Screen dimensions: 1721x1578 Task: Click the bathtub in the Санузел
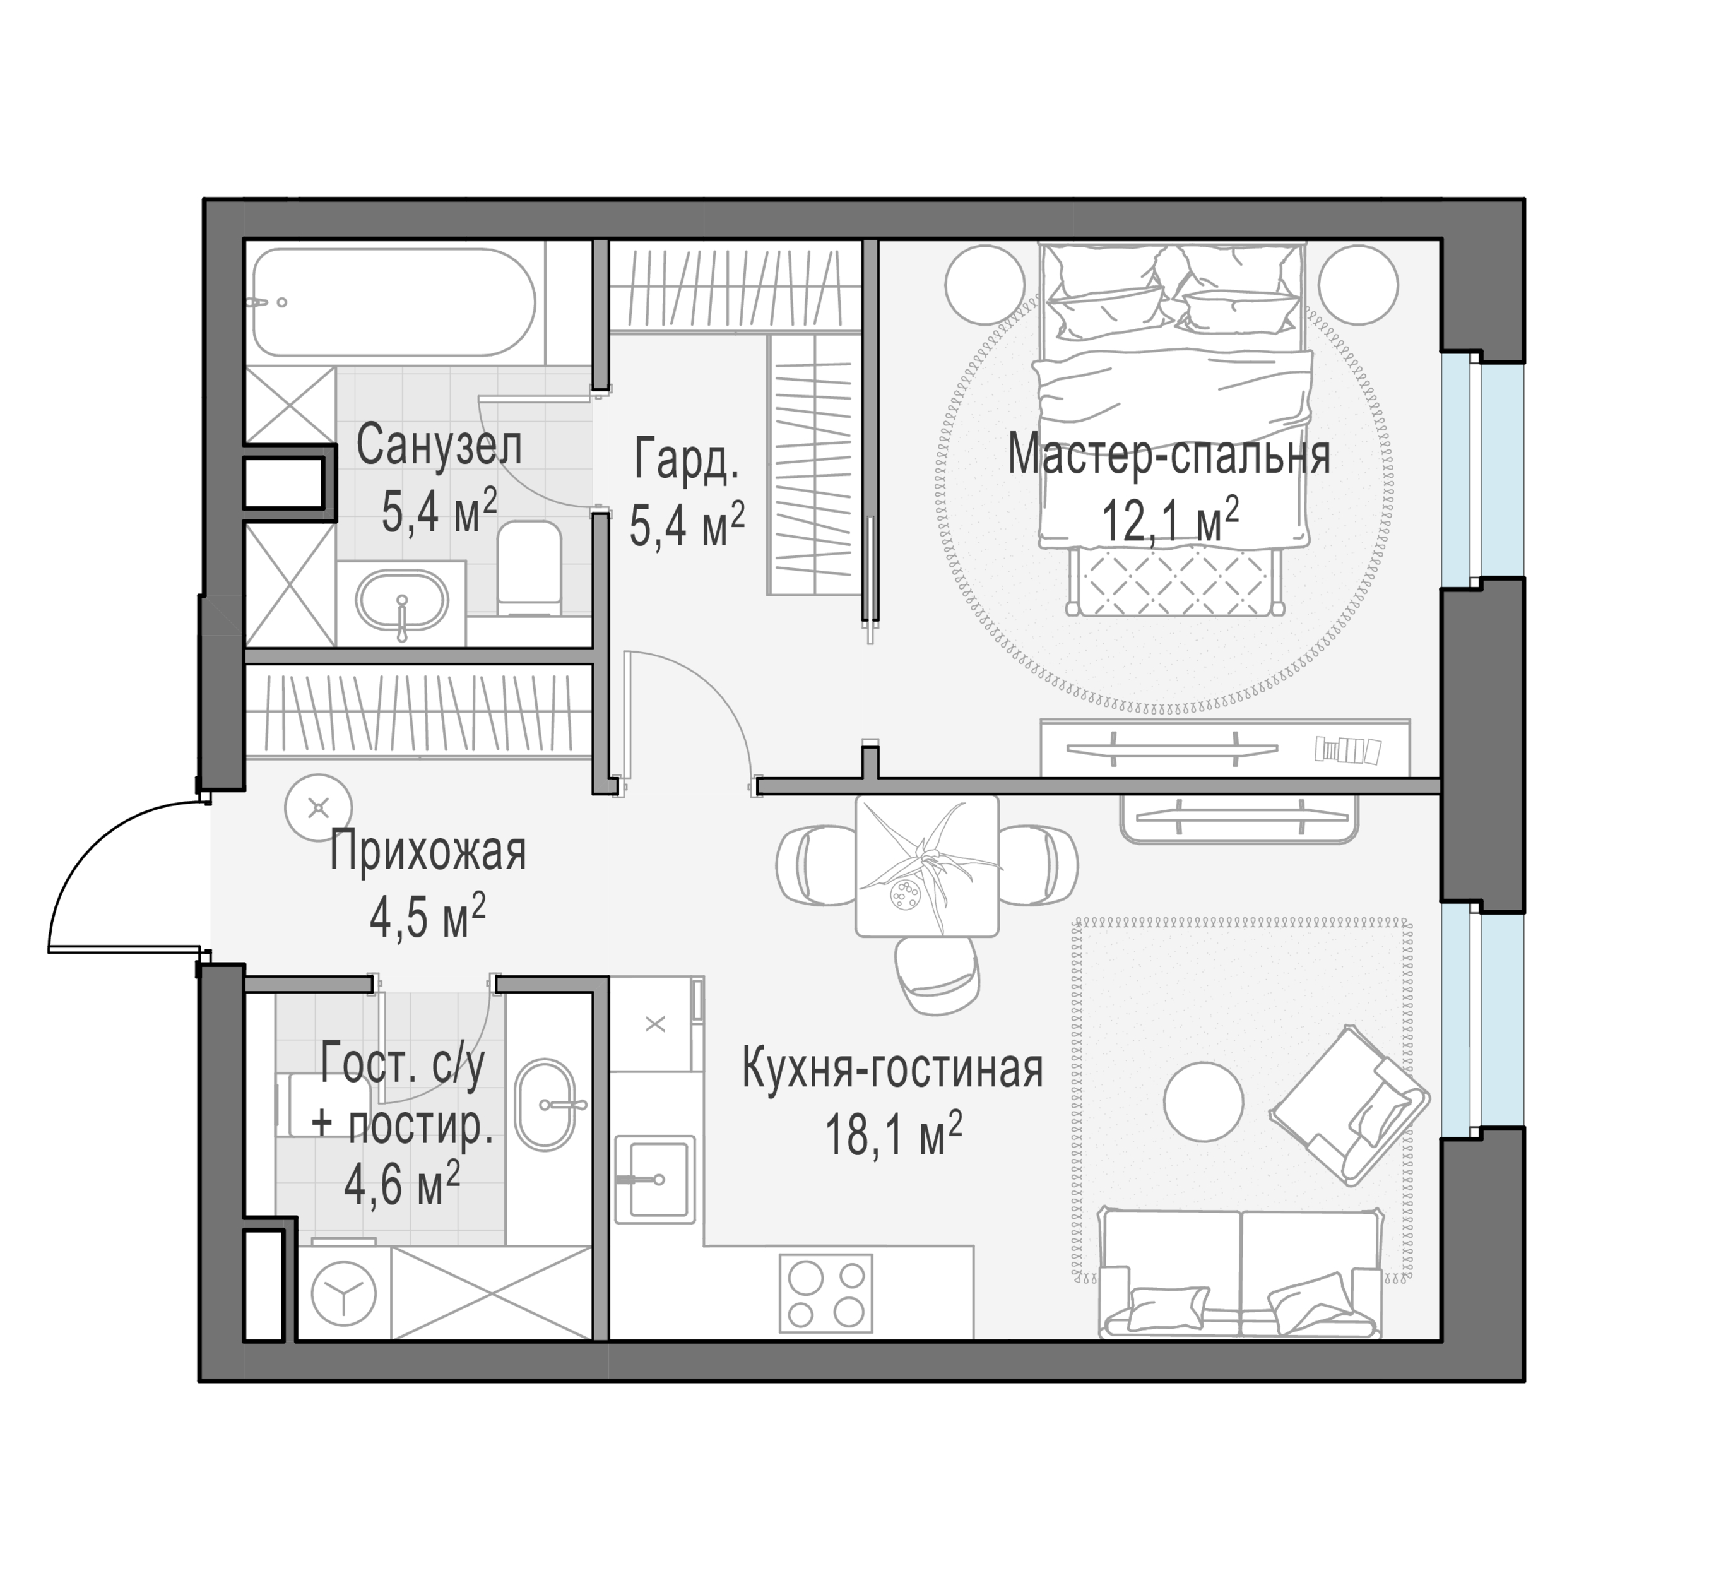(394, 302)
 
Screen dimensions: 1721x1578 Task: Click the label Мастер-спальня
(1169, 455)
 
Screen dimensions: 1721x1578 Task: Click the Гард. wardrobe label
(687, 460)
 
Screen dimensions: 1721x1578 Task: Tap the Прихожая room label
(428, 852)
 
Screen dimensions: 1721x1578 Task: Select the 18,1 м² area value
(893, 1135)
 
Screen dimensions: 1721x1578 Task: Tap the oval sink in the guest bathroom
(547, 1104)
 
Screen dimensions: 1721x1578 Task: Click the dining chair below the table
(937, 975)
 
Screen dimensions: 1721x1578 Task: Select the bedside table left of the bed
(985, 283)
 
